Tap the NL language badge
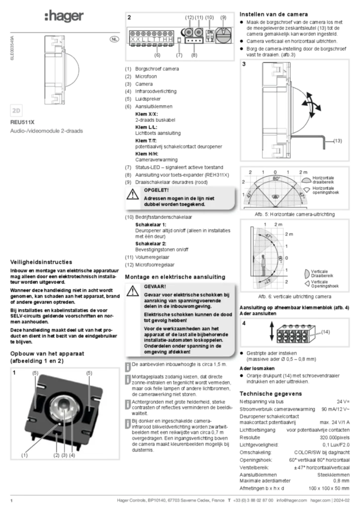[x=114, y=39]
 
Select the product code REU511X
[x=22, y=122]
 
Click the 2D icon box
[x=16, y=111]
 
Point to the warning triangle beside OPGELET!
[x=132, y=194]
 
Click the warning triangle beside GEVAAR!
[x=132, y=291]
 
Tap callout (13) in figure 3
[x=338, y=141]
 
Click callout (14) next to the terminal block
[x=325, y=332]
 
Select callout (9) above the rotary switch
[x=223, y=17]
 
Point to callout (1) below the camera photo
[x=24, y=455]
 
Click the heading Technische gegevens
[x=270, y=394]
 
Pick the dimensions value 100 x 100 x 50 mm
[x=329, y=488]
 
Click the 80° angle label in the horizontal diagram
[x=276, y=178]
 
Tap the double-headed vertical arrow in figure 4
[x=271, y=332]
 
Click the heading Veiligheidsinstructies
[x=41, y=262]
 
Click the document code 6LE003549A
[x=12, y=48]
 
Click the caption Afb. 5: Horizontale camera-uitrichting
[x=295, y=214]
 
